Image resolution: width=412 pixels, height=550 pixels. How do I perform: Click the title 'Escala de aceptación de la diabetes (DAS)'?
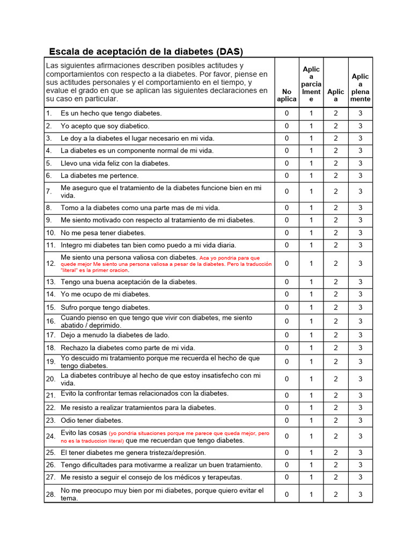146,52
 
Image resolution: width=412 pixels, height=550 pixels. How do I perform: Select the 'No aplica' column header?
286,96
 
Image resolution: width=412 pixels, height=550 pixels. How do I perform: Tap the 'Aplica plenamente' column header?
360,88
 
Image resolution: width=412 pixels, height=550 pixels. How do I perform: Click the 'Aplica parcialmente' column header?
311,84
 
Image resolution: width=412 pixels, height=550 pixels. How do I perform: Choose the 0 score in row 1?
286,113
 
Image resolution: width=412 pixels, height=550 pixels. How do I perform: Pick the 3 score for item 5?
360,163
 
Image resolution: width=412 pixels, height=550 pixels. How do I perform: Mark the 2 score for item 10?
336,233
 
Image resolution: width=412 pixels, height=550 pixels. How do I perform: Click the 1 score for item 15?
311,307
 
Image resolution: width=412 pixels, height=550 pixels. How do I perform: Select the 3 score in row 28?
360,494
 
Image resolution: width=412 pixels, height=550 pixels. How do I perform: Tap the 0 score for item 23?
286,421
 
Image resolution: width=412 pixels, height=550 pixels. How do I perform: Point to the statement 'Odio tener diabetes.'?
92,421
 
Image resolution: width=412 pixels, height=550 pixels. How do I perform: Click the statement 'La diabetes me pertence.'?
99,176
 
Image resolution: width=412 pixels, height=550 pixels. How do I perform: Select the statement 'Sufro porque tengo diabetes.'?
105,307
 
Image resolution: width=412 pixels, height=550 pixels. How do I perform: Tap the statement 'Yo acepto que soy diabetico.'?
105,126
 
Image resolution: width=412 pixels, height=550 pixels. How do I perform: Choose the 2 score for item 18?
336,348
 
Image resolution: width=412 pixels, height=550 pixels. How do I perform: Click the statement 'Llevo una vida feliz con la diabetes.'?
115,163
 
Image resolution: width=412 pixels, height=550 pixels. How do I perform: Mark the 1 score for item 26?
311,465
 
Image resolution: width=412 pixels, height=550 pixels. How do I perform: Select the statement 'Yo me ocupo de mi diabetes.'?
105,294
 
